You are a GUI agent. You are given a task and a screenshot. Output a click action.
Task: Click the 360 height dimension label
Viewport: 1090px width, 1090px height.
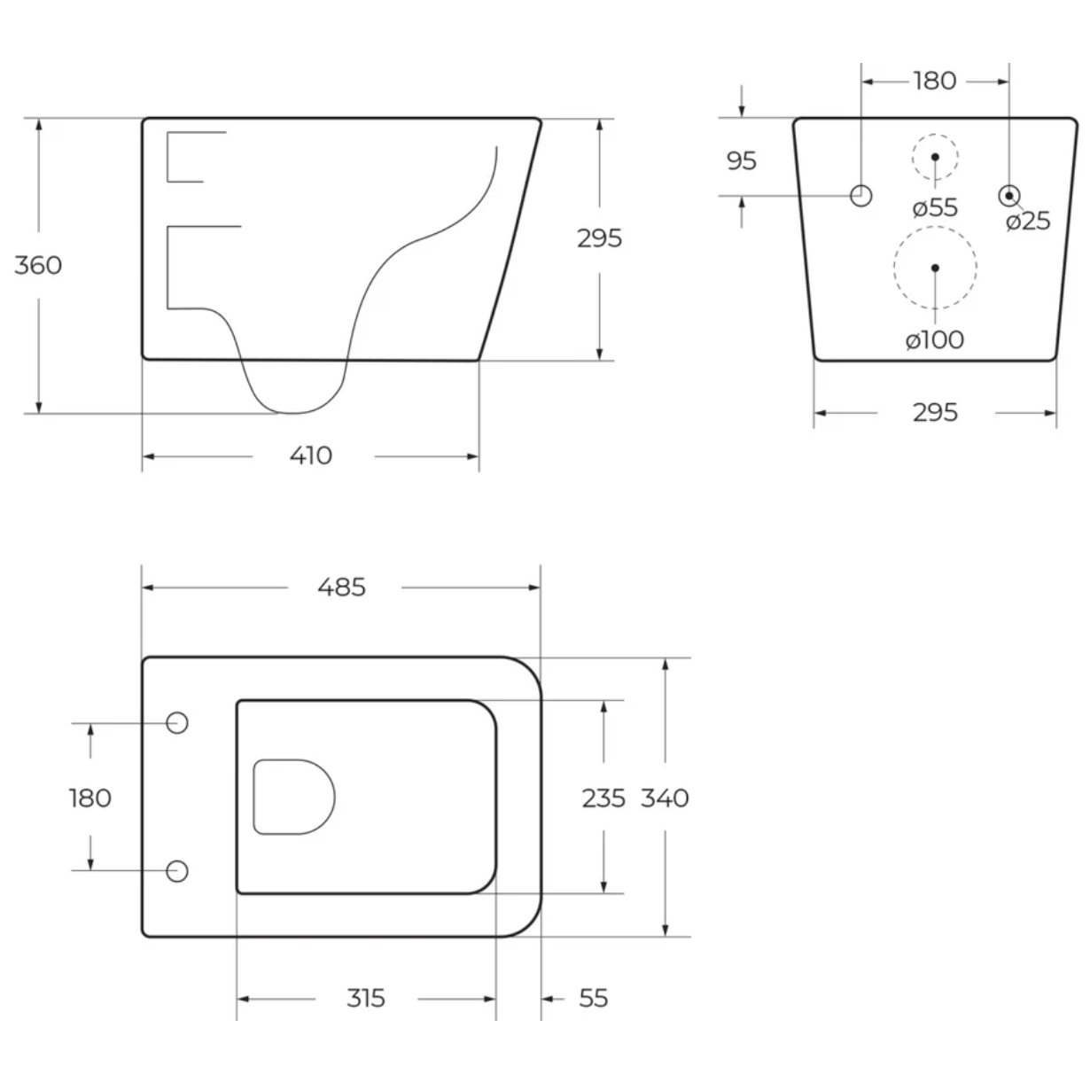38,265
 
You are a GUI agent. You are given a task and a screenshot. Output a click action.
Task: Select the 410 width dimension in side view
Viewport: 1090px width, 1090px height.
310,455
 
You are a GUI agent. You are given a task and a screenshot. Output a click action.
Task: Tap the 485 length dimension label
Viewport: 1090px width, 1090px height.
342,588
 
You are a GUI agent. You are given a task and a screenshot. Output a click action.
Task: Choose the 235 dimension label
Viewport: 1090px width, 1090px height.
603,798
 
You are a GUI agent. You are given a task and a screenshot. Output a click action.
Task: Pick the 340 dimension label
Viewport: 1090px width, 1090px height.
665,798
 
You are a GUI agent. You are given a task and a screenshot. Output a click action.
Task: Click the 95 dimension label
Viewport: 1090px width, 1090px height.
742,161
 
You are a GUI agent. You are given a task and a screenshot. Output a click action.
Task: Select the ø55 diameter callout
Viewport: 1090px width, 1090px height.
935,207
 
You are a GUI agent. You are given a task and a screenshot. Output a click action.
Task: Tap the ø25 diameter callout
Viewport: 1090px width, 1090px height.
1028,221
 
